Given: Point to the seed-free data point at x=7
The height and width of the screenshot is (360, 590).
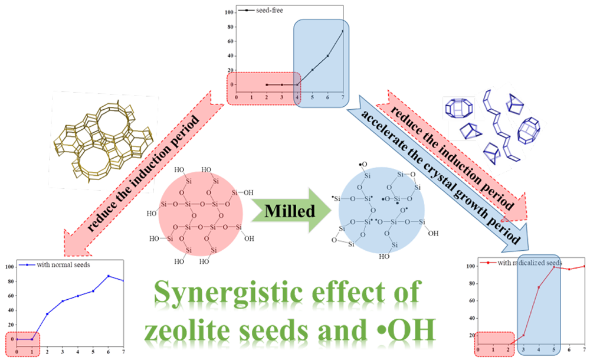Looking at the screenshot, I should pyautogui.click(x=342, y=31).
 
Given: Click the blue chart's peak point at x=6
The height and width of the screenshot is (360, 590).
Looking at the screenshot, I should pyautogui.click(x=108, y=276).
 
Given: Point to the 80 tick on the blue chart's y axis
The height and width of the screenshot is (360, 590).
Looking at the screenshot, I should pyautogui.click(x=9, y=282).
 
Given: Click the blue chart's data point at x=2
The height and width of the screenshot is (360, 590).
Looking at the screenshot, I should pyautogui.click(x=47, y=314).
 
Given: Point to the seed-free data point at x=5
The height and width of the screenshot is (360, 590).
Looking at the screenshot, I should pyautogui.click(x=313, y=70).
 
